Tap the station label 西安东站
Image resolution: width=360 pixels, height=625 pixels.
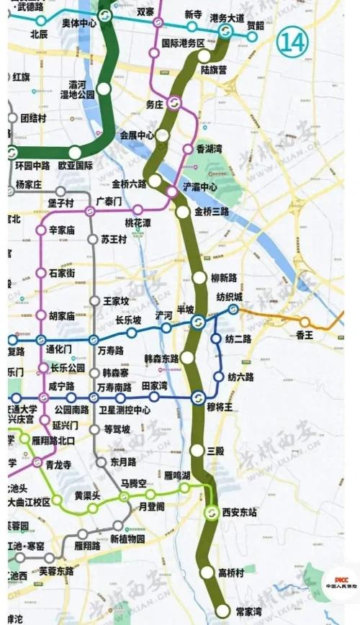pos(241,513)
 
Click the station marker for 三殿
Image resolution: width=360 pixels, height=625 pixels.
pos(198,451)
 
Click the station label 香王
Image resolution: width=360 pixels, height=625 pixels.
pos(305,335)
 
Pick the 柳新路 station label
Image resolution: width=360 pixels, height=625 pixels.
pos(224,277)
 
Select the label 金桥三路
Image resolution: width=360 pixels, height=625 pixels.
pos(212,212)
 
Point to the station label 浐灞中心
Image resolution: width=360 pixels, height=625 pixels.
pos(200,186)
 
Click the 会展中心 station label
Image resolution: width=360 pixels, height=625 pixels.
pos(137,135)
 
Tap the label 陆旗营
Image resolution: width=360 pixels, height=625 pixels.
pos(215,70)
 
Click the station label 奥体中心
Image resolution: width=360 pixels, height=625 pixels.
pos(79,23)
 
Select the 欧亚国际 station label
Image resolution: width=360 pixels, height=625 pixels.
pos(76,165)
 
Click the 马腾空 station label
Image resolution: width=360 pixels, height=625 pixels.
pos(134,482)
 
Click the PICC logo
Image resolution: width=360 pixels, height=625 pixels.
pos(337,582)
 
